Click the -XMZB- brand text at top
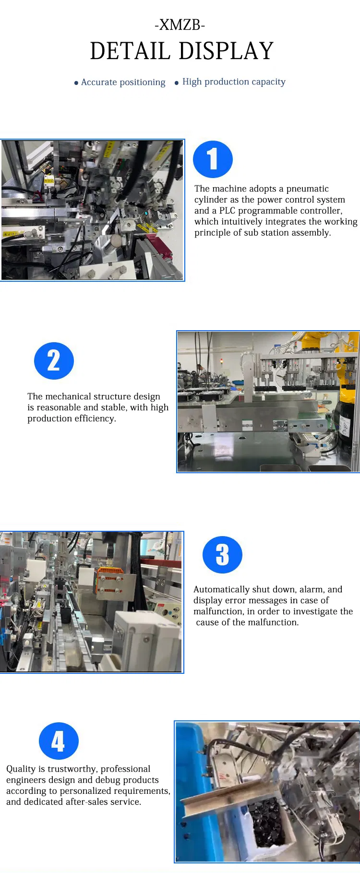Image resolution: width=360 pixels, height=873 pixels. (180, 25)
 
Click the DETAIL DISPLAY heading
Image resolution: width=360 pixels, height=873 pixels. (181, 51)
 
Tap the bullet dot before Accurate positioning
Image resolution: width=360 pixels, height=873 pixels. (76, 83)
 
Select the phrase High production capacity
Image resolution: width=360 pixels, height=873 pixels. (234, 82)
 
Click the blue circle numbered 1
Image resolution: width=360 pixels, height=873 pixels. (213, 159)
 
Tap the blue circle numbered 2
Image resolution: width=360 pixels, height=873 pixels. (54, 360)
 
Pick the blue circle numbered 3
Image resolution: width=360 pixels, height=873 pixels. (222, 555)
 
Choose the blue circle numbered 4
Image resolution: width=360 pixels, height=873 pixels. (59, 741)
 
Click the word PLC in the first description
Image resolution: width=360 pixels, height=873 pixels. (227, 211)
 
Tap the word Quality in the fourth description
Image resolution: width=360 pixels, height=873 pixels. (21, 769)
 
